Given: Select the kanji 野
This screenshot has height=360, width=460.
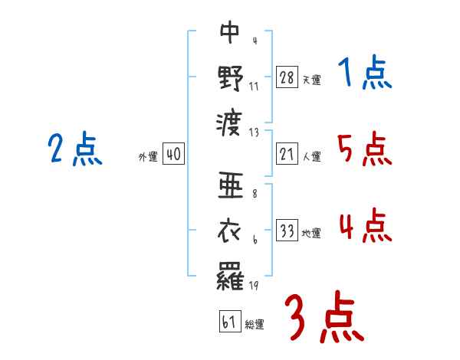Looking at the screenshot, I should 230,77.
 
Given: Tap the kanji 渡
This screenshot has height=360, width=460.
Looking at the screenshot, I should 230,122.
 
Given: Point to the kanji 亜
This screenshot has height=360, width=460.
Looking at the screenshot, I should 230,185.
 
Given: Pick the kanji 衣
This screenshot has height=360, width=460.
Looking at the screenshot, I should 230,230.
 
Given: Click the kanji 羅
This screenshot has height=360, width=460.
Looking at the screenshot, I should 230,275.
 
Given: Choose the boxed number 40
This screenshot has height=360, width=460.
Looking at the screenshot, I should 173,154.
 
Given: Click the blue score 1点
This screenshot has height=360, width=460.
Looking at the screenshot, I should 364,75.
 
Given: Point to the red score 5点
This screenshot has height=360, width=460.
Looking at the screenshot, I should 364,149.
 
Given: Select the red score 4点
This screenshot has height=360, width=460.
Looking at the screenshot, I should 364,227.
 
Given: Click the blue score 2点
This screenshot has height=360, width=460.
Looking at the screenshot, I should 74,149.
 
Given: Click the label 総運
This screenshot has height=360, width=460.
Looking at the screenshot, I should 255,325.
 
